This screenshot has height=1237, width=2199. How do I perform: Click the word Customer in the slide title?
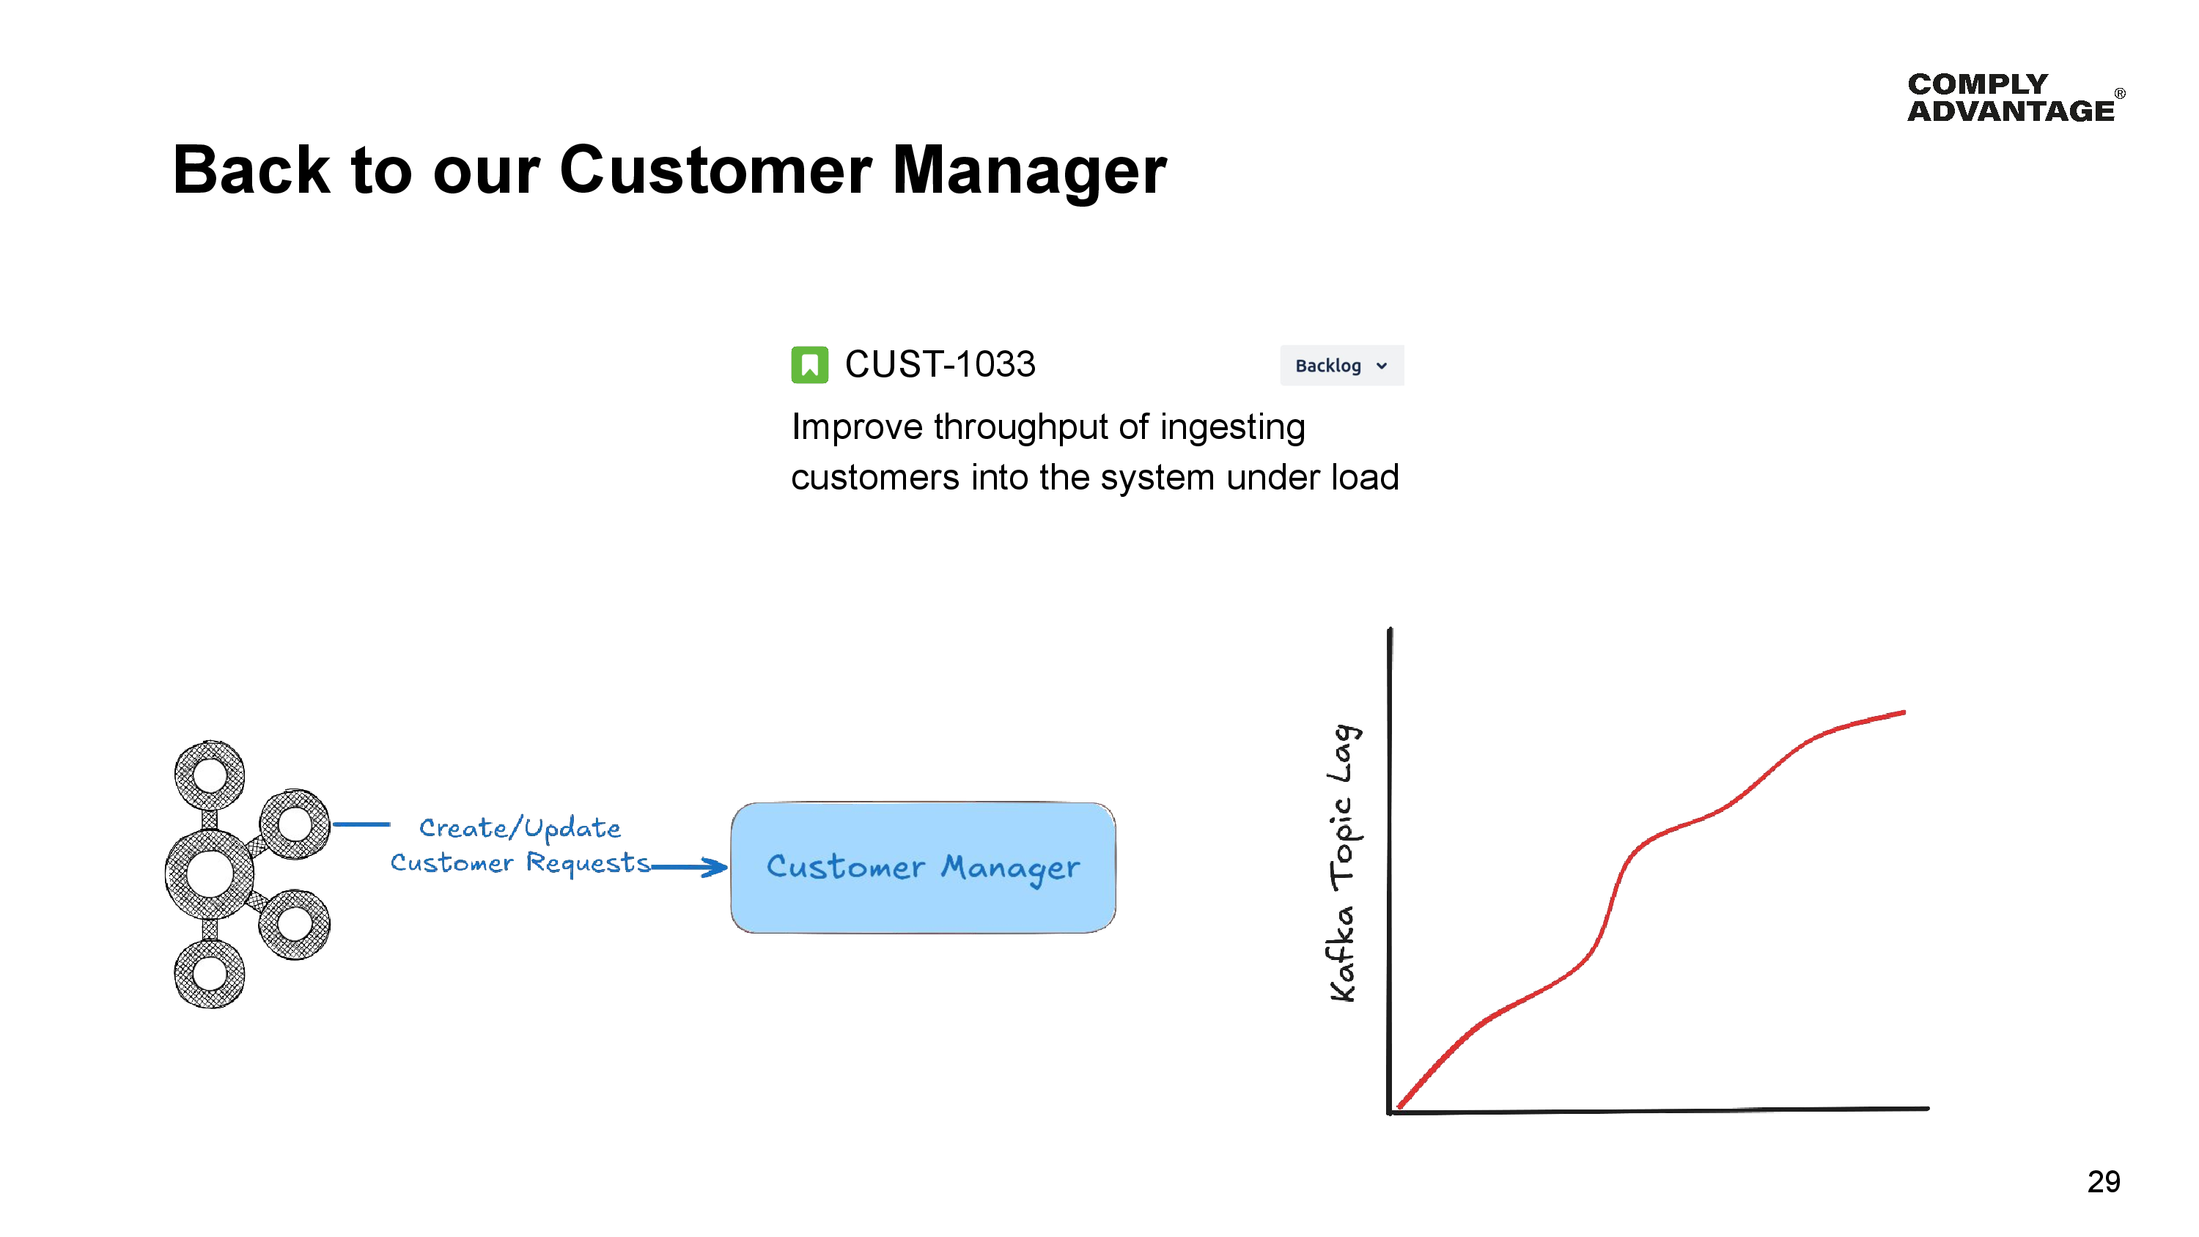[715, 170]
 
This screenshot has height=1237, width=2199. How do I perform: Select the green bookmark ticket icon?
[809, 366]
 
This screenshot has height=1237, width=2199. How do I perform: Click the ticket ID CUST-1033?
[940, 364]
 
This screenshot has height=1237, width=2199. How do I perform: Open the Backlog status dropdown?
[1341, 366]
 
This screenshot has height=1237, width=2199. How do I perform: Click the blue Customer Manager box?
[923, 868]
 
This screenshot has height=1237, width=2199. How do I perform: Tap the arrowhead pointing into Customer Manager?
[715, 868]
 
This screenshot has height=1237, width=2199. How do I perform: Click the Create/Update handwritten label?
[519, 827]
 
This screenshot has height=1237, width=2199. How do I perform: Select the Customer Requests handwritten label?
[519, 863]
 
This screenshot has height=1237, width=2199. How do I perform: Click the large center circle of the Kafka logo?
[209, 874]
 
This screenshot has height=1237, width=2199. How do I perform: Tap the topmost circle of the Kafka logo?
[209, 775]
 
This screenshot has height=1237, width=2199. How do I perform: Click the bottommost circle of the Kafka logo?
[209, 973]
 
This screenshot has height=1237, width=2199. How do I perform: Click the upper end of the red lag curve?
[1902, 713]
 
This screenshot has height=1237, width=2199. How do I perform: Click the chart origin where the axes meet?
[1391, 1111]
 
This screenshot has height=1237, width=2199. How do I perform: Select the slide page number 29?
[2104, 1181]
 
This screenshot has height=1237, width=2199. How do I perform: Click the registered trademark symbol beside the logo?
[2120, 93]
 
